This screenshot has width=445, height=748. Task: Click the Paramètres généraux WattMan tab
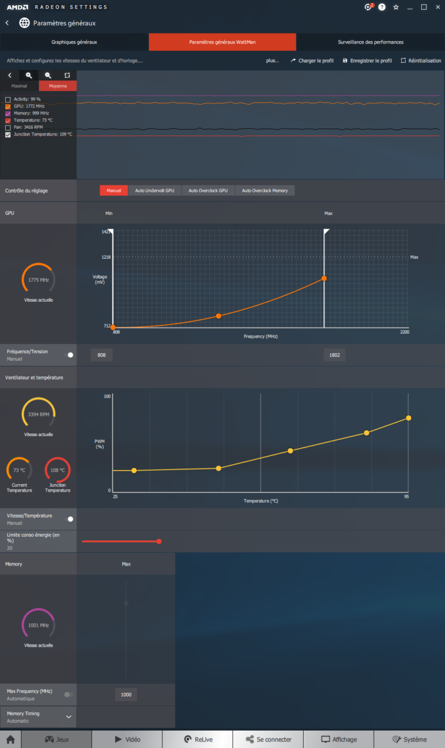pyautogui.click(x=222, y=42)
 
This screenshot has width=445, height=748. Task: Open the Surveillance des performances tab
pyautogui.click(x=370, y=42)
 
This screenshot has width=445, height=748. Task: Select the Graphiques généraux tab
pyautogui.click(x=74, y=42)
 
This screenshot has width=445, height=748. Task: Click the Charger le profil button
pyautogui.click(x=312, y=61)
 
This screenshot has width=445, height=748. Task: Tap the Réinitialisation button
pyautogui.click(x=421, y=61)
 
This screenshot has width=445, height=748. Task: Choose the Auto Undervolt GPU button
pyautogui.click(x=155, y=190)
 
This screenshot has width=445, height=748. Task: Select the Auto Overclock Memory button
pyautogui.click(x=265, y=190)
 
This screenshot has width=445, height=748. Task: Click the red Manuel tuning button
pyautogui.click(x=114, y=190)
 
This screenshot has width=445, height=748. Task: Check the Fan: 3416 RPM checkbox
pyautogui.click(x=8, y=127)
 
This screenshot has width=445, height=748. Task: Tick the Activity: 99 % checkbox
pyautogui.click(x=8, y=100)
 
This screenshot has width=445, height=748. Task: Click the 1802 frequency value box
pyautogui.click(x=334, y=355)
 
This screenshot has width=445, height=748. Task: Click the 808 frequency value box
pyautogui.click(x=101, y=355)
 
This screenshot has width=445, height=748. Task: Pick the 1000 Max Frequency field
pyautogui.click(x=126, y=695)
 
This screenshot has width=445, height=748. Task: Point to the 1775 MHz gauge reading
pyautogui.click(x=38, y=280)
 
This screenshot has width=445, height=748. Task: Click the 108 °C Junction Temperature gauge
pyautogui.click(x=57, y=470)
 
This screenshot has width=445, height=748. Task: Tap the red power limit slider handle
pyautogui.click(x=159, y=541)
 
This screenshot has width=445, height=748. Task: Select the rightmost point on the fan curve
pyautogui.click(x=408, y=418)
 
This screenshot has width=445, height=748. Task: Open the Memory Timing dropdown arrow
pyautogui.click(x=68, y=717)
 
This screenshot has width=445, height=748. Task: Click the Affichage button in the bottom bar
pyautogui.click(x=339, y=739)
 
